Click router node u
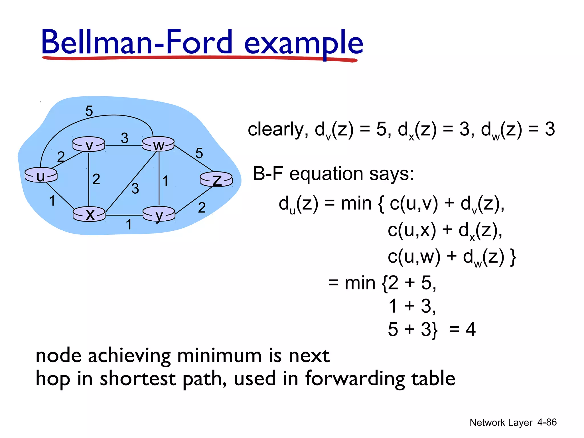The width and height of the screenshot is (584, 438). (x=41, y=175)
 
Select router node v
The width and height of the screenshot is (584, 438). (x=89, y=144)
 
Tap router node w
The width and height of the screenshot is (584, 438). (x=158, y=144)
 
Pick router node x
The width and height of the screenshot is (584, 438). (x=89, y=214)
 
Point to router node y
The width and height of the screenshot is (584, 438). (x=159, y=214)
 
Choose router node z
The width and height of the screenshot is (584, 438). (x=216, y=179)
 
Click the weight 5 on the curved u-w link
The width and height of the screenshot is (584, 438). (x=89, y=111)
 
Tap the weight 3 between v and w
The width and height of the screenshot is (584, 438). (x=124, y=138)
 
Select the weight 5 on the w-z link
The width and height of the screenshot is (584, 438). (x=199, y=153)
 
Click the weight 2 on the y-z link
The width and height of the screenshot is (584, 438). (x=202, y=207)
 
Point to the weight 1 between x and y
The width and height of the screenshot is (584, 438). (x=129, y=224)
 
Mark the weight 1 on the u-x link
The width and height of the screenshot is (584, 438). (x=52, y=200)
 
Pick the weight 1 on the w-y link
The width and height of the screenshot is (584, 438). (x=165, y=181)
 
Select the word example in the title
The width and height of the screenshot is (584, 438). (x=303, y=43)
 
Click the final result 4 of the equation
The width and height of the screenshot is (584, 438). (x=471, y=329)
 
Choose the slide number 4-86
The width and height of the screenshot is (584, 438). (x=547, y=422)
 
